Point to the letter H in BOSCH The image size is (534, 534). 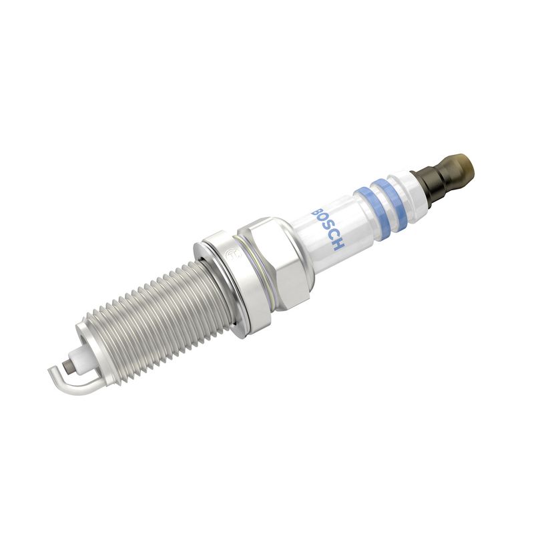tap(338, 244)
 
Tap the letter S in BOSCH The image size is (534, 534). tap(328, 228)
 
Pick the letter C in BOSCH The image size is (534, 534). tap(333, 236)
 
